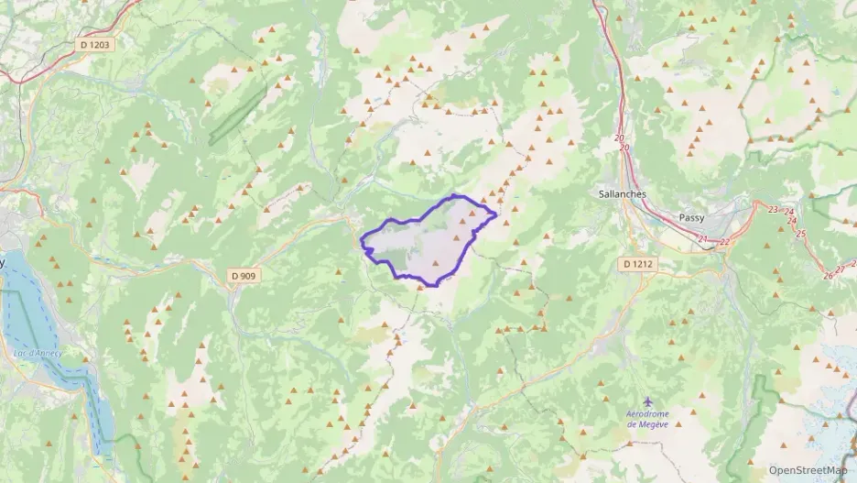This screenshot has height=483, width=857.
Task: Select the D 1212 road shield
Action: pos(637,264)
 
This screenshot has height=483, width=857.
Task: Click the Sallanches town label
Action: pos(622,194)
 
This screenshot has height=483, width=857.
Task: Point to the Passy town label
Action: pos(692,217)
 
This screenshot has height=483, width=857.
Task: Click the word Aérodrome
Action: pos(648,414)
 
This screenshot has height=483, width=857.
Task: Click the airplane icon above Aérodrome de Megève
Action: pos(649,401)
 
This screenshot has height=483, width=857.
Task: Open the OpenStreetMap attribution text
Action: pos(808,469)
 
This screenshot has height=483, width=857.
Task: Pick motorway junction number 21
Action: pos(703,240)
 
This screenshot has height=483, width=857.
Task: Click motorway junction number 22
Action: pos(724,242)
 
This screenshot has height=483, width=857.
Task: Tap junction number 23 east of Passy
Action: pos(774,210)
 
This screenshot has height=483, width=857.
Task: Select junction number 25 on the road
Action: pos(801,234)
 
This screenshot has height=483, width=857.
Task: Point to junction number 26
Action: pos(828,275)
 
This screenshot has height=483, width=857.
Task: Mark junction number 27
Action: pos(841,269)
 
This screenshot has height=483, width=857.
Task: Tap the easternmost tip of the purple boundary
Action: pos(496,214)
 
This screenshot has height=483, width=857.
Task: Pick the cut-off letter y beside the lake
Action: pos(3,263)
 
